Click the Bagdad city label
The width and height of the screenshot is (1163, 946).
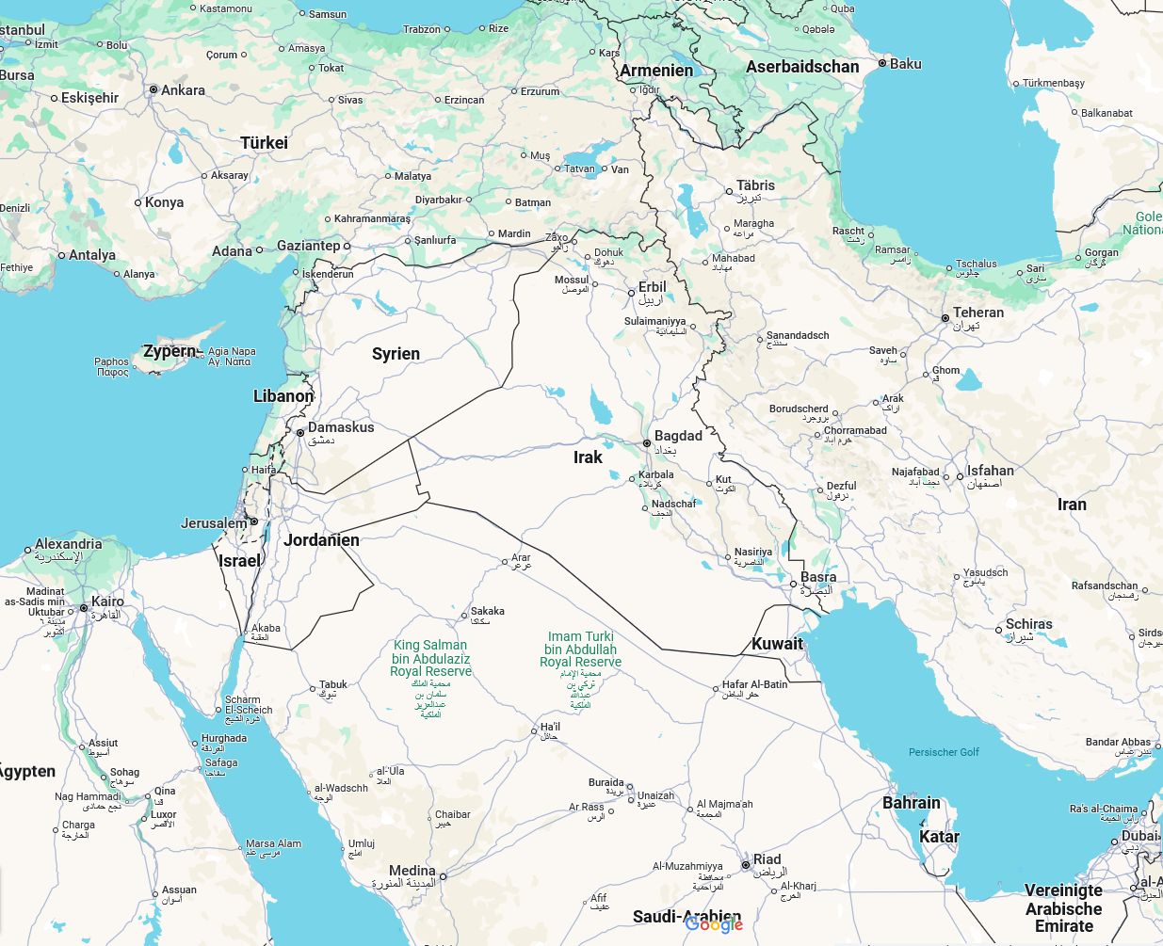coord(678,436)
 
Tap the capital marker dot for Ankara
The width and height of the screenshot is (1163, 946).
coord(153,90)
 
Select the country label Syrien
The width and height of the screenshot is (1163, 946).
coord(396,354)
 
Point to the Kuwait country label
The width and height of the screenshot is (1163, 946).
coord(777,644)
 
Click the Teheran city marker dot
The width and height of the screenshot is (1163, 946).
coord(945,318)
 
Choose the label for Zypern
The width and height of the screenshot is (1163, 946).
coord(170,352)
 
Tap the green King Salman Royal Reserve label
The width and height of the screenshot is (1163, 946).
coord(431,658)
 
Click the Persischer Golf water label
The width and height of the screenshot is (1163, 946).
coord(944,752)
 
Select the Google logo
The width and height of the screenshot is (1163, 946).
coord(714,924)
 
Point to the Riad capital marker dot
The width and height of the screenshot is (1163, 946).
coord(745,864)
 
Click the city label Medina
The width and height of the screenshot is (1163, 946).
coord(412,871)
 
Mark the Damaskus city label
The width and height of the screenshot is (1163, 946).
coord(341,427)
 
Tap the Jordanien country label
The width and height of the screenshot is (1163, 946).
coord(321,540)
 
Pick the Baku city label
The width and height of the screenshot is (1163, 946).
coord(905,64)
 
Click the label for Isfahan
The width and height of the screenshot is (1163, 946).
coord(990,471)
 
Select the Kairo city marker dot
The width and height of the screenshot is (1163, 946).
coord(84,608)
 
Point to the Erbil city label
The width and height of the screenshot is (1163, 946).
coord(652,287)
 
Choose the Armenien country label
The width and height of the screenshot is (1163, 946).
coord(656,71)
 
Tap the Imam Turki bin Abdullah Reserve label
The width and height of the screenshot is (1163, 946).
coord(580,649)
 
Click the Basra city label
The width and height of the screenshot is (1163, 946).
coord(818,577)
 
